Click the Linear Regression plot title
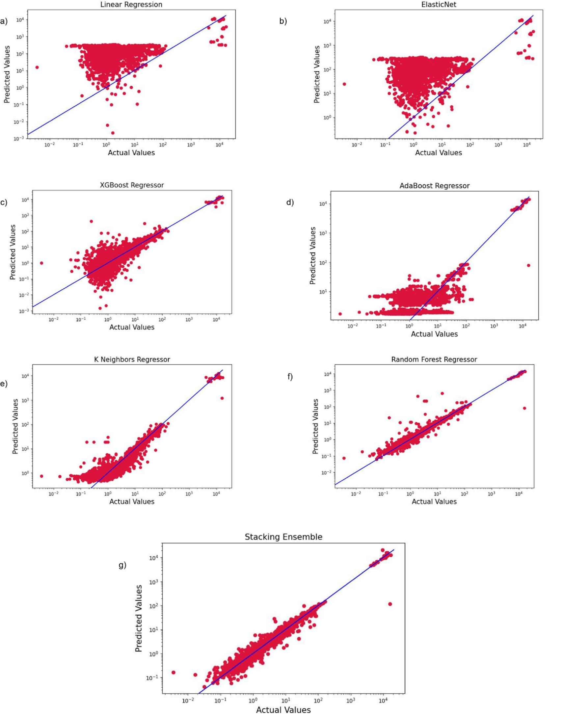pos(131,4)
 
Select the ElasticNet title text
pos(438,4)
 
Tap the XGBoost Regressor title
pos(132,185)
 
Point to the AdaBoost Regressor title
pos(434,186)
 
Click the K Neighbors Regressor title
pos(132,359)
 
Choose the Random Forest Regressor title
pos(434,359)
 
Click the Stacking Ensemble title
pos(283,537)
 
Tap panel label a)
pos(4,22)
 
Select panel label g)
pos(122,565)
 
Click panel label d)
pos(290,202)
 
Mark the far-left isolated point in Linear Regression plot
pos(37,67)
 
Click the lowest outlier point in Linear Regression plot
pos(113,133)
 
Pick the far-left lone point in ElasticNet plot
pos(344,84)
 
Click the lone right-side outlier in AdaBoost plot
pos(528,265)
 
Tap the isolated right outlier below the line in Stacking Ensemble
pos(390,604)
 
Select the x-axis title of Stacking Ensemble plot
pos(283,710)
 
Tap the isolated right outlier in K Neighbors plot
pos(222,398)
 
